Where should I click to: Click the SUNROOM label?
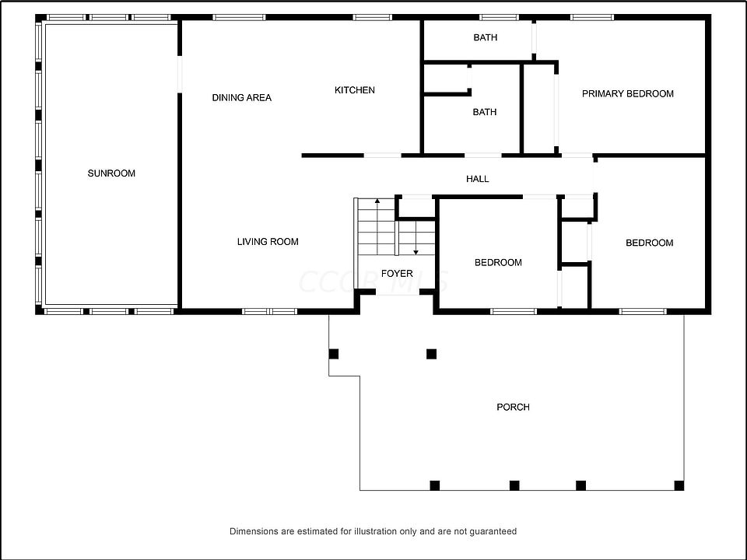111,173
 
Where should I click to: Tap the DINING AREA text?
242,98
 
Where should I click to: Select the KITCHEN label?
355,90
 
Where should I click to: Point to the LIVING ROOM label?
268,242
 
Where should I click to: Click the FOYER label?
397,274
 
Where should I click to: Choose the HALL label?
478,179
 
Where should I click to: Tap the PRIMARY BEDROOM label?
628,94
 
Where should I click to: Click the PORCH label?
514,408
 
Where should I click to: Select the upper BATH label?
486,37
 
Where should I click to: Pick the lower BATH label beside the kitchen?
485,112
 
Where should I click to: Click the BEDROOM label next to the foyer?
498,263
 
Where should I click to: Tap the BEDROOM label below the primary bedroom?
650,243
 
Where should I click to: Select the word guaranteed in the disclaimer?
492,532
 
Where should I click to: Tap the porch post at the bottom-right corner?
679,486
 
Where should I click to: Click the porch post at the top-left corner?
334,354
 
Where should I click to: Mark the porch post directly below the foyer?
432,354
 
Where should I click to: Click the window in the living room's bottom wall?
269,311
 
